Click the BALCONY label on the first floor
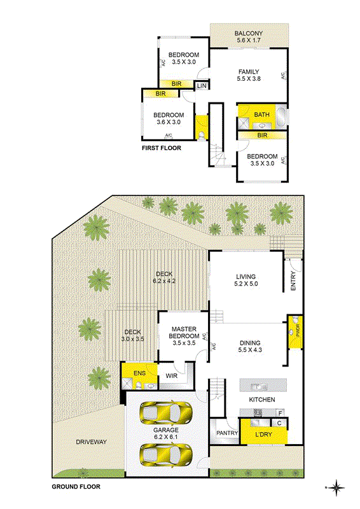[249, 34]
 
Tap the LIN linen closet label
[202, 86]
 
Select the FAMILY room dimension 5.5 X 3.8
[249, 78]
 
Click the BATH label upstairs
[261, 115]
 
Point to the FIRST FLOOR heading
[162, 148]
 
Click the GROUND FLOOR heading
[76, 487]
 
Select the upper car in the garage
[165, 412]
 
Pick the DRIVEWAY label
[91, 442]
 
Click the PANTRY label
[227, 433]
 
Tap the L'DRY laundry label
[263, 435]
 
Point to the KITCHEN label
[262, 400]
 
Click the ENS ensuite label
[139, 373]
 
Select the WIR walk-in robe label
[171, 376]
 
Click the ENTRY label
[293, 281]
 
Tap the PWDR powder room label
[298, 330]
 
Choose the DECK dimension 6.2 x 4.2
[164, 281]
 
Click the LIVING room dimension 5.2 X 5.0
[246, 284]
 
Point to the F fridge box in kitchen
[280, 413]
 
